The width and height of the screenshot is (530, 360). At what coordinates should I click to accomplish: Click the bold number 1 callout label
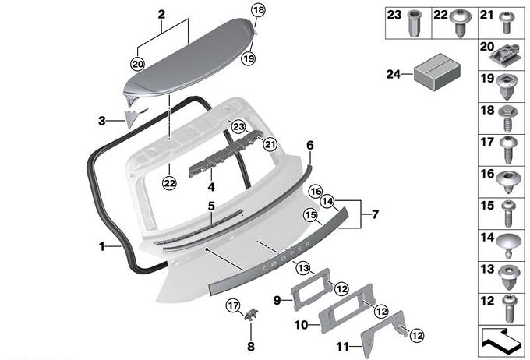(102, 247)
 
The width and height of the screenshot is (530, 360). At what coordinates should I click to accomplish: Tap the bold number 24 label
(392, 74)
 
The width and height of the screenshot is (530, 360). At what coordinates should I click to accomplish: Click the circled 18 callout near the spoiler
(258, 10)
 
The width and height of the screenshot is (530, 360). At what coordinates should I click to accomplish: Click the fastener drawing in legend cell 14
(507, 243)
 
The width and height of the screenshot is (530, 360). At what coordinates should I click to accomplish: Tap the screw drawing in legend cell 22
(461, 20)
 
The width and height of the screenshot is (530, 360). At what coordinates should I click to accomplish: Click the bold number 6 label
(309, 144)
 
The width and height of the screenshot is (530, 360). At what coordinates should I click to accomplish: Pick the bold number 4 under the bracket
(210, 187)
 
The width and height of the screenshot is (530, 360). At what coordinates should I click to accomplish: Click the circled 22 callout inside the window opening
(169, 182)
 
